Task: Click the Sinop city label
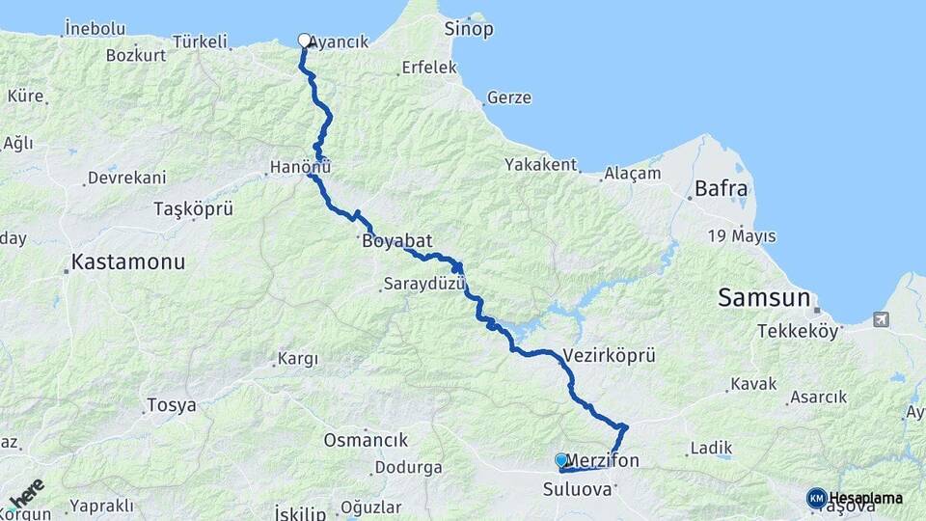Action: [469, 29]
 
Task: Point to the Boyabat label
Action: [395, 241]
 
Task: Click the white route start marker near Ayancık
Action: [305, 41]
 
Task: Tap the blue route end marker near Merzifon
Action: [561, 460]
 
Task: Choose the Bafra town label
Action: [721, 189]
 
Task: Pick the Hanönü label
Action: [300, 167]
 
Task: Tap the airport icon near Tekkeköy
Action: [881, 318]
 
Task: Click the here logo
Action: [26, 493]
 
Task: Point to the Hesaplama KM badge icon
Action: [816, 498]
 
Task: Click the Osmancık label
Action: [366, 440]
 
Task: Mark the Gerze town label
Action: [509, 97]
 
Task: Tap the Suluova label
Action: [578, 488]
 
